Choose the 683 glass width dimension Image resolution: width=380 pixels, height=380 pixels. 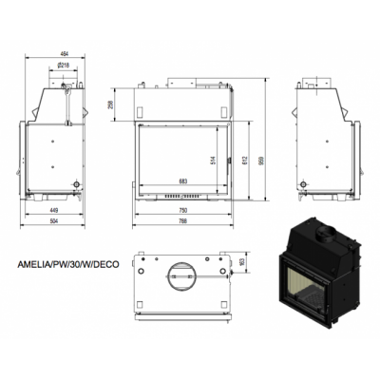182,180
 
